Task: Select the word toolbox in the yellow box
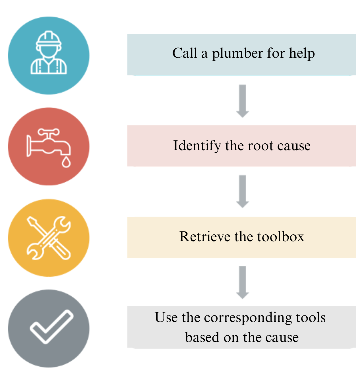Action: pos(280,237)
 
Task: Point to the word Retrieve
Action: pos(205,237)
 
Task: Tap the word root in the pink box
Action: pos(260,146)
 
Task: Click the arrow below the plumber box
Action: pos(242,101)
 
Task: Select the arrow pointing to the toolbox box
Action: pos(242,191)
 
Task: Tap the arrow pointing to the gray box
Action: pos(242,282)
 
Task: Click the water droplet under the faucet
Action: pos(66,162)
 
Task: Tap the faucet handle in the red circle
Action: pos(49,132)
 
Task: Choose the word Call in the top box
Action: pos(185,53)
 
